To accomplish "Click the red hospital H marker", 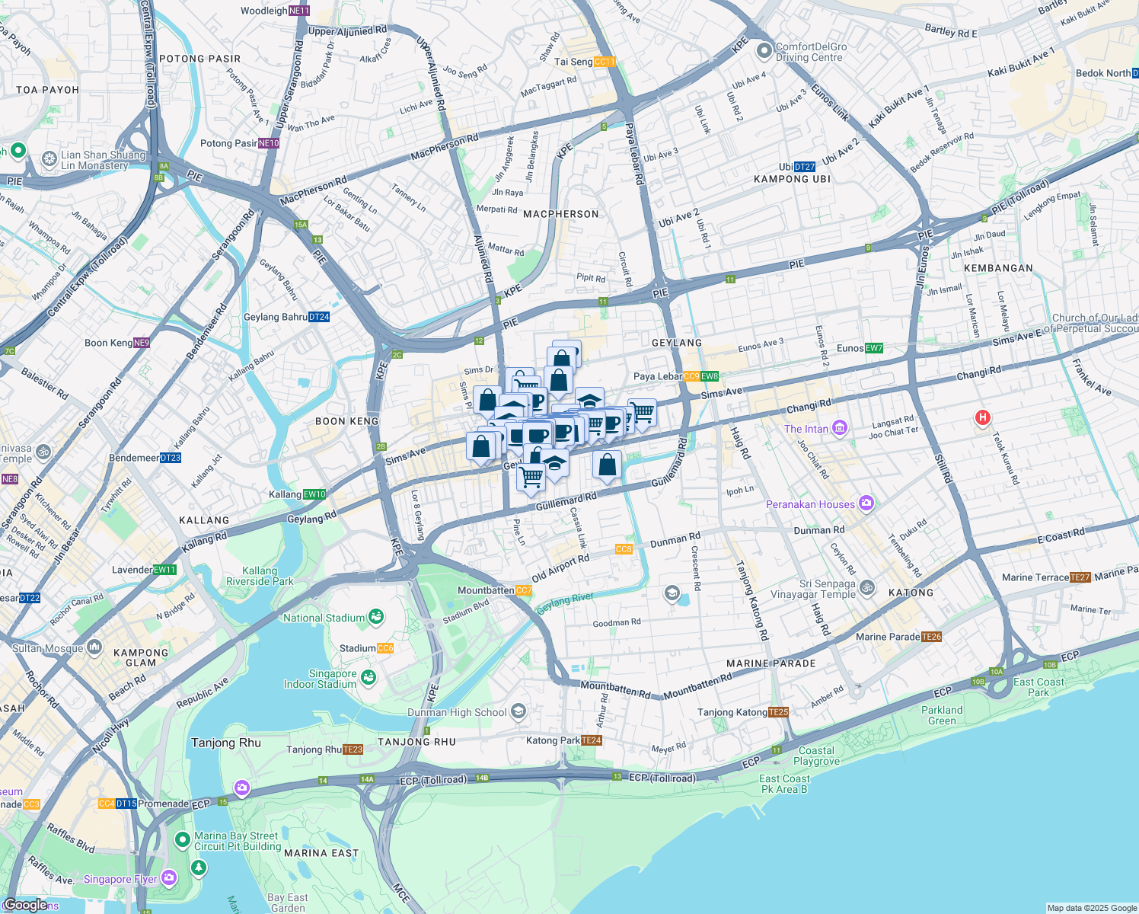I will [x=983, y=417].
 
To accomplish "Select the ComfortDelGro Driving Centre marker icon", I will [x=764, y=51].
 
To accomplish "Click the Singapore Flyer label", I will [x=120, y=879].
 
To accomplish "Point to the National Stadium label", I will [x=324, y=618].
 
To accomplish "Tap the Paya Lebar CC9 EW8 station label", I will [x=675, y=376].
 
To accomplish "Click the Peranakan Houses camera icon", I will [x=865, y=503].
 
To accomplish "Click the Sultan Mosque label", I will [x=47, y=648].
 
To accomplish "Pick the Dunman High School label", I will [x=457, y=712].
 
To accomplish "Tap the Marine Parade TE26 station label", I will [x=898, y=637].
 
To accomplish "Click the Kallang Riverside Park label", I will [x=260, y=576].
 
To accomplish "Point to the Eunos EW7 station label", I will [x=860, y=348].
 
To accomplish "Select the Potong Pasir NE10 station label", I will [x=239, y=143].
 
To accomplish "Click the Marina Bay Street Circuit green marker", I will [x=182, y=840].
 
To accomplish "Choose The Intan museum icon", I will [x=839, y=428].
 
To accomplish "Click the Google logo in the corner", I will [x=25, y=905].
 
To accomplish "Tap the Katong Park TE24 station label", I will [x=564, y=740].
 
